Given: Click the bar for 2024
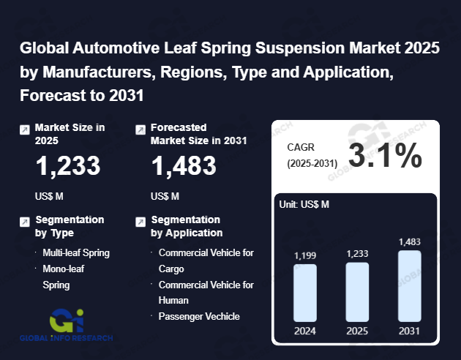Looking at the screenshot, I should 305,292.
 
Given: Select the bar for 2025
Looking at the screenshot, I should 357,291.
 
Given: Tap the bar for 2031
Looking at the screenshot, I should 410,285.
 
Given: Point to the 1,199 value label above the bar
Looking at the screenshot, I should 305,255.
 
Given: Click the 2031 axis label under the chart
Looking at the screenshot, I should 410,330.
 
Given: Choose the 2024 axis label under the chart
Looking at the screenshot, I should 305,330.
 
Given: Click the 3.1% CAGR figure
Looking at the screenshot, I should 385,156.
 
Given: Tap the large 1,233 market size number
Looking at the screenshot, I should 69,167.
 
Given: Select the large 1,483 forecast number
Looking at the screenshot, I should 184,167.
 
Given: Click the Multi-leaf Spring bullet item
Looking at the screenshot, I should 76,252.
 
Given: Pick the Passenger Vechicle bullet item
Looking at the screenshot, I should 199,316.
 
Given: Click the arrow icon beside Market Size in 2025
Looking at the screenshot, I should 25,130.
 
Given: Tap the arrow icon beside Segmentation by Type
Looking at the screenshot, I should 25,222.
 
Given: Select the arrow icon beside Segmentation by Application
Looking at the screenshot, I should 140,222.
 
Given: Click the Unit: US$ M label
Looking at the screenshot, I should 304,204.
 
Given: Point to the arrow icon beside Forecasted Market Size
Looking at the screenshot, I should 140,130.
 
